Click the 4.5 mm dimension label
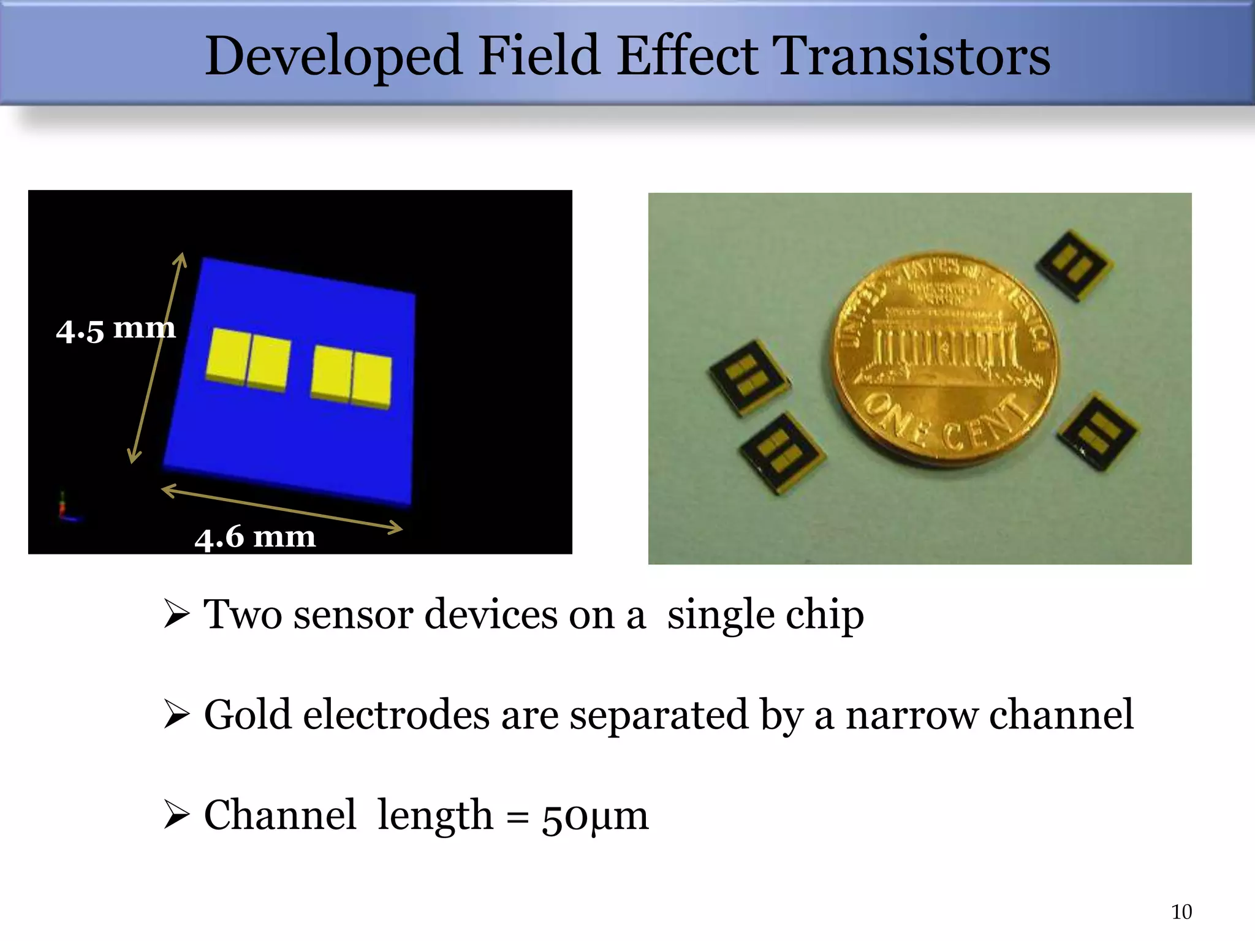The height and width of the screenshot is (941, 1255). pyautogui.click(x=115, y=329)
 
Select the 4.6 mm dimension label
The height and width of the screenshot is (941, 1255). pyautogui.click(x=255, y=537)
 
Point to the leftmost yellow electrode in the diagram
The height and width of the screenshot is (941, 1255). pyautogui.click(x=228, y=356)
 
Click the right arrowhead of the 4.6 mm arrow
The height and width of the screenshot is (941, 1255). pyautogui.click(x=395, y=527)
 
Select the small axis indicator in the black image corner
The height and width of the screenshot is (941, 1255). pyautogui.click(x=65, y=508)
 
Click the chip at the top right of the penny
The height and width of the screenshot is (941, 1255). pyautogui.click(x=1074, y=265)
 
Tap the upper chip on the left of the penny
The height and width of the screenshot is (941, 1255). pyautogui.click(x=748, y=377)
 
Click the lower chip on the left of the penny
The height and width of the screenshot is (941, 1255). pyautogui.click(x=781, y=452)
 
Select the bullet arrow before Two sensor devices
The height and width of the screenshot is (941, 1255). pyautogui.click(x=176, y=614)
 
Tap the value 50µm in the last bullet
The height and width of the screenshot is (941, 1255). pyautogui.click(x=594, y=816)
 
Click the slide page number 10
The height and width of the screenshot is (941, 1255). pyautogui.click(x=1181, y=912)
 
